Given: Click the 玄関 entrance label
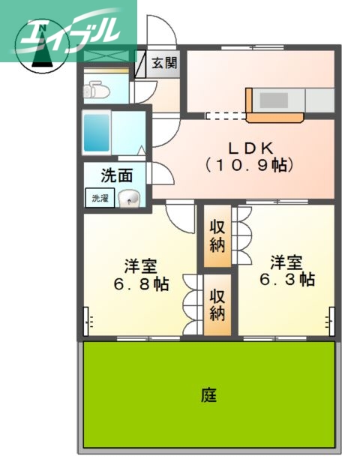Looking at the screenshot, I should click(x=164, y=63).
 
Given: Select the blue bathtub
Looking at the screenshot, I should click(x=97, y=133).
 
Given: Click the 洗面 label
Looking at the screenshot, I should click(x=117, y=176).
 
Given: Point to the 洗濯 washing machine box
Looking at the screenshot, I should click(x=100, y=199).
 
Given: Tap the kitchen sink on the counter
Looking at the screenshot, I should click(x=273, y=100).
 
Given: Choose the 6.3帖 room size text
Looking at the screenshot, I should click(x=287, y=279).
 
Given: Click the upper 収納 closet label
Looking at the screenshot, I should click(x=217, y=235).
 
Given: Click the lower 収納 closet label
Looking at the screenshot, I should click(x=217, y=304).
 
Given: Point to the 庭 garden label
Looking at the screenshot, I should click(x=208, y=394).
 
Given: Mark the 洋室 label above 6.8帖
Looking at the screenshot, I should click(x=141, y=266).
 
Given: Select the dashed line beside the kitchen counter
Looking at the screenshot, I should click(x=225, y=116).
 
